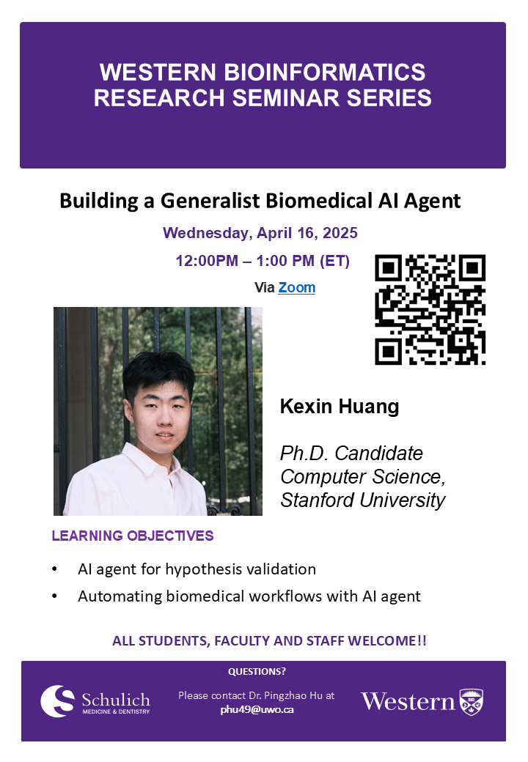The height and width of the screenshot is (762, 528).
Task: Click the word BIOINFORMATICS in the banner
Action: coord(324,73)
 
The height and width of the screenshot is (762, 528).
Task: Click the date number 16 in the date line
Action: coord(306,233)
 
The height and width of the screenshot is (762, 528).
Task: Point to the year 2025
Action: coord(340,233)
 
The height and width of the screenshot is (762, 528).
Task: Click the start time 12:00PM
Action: coord(207,261)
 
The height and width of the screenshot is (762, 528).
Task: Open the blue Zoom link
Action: coord(296,288)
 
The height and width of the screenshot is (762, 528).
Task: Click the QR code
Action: coord(430,309)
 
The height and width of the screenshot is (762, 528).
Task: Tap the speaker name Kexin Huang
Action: coord(340,406)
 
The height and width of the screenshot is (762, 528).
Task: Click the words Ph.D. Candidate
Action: coord(351,454)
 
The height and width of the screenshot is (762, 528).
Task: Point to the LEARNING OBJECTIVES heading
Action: coord(133,536)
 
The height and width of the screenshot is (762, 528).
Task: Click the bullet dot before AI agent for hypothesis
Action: coord(54,569)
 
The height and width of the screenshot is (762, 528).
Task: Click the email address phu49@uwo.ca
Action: coord(257,709)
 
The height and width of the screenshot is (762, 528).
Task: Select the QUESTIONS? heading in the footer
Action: coord(257,672)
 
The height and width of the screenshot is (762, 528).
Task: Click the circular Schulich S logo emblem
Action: coord(57,701)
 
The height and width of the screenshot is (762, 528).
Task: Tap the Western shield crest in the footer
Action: coord(472,702)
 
